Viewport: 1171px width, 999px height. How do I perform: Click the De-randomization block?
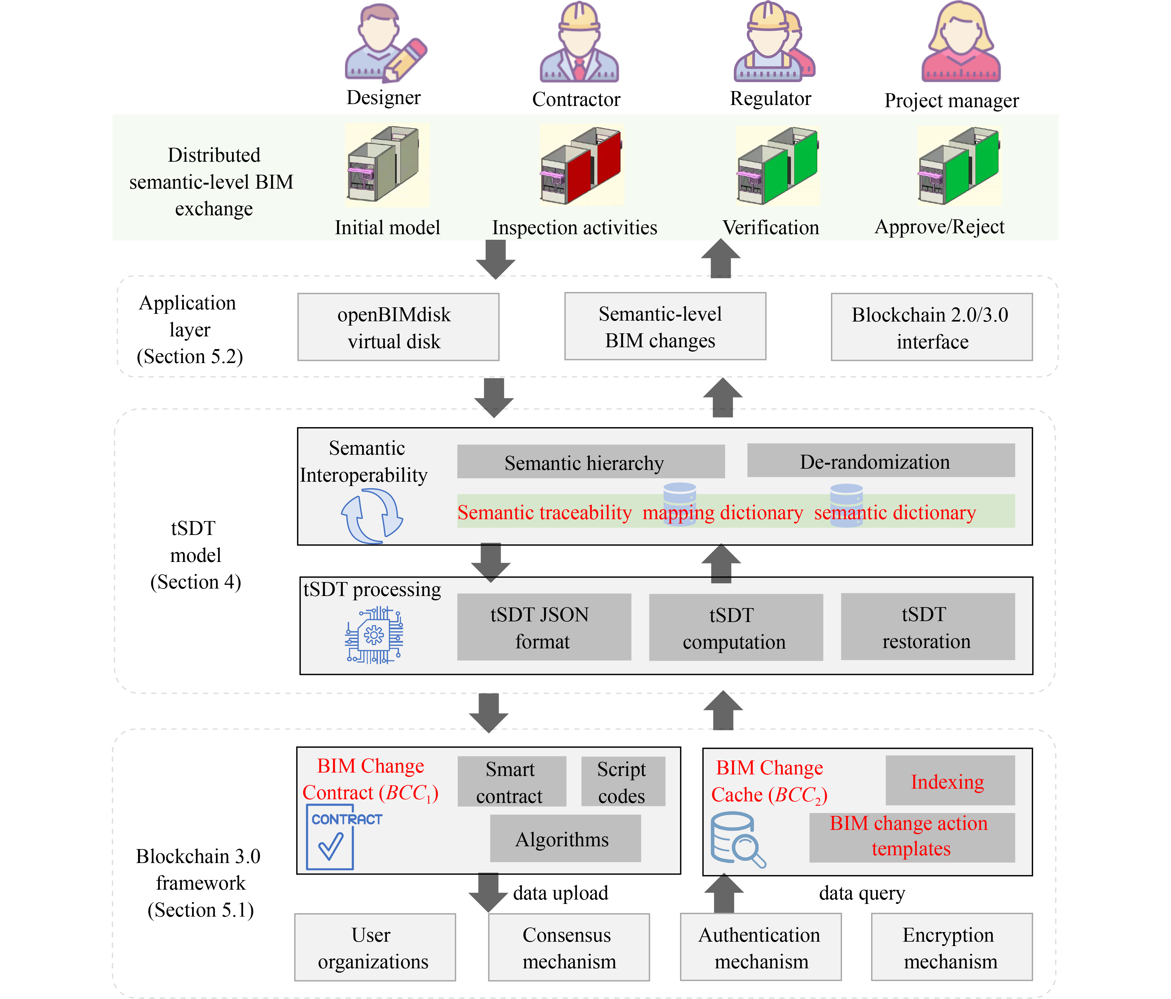[880, 461]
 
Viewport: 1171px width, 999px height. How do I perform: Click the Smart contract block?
[511, 782]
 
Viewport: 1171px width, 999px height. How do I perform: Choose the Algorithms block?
[565, 839]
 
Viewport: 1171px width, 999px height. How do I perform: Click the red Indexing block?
[950, 780]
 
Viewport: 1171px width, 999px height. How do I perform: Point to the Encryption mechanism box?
[952, 947]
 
